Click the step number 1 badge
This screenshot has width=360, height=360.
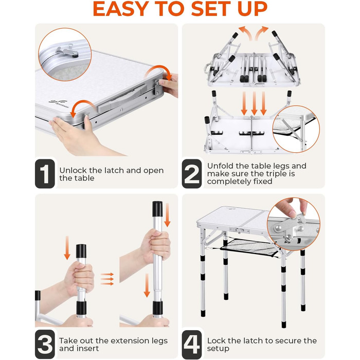[x=45, y=174]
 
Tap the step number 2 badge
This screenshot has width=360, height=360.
[x=192, y=174]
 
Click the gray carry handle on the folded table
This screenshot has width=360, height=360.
[x=122, y=99]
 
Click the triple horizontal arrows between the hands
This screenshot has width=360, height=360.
[x=107, y=279]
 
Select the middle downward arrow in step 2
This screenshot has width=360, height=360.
[x=254, y=103]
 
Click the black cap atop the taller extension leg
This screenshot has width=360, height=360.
[x=157, y=209]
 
